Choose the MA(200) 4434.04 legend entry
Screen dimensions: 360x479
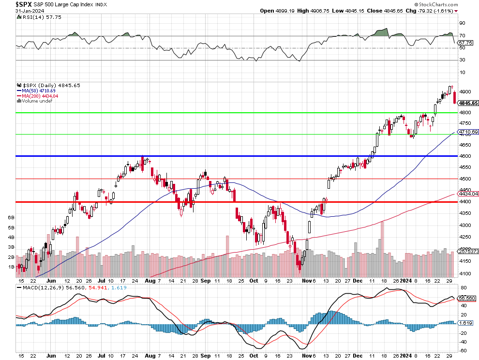39,96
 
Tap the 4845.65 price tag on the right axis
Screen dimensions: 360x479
468,103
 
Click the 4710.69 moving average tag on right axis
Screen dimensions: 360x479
468,132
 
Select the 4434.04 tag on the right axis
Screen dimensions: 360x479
468,194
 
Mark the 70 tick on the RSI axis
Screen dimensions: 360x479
462,35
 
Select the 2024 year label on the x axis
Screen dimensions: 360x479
405,280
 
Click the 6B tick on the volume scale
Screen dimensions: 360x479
11,218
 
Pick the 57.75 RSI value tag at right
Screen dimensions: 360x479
465,43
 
